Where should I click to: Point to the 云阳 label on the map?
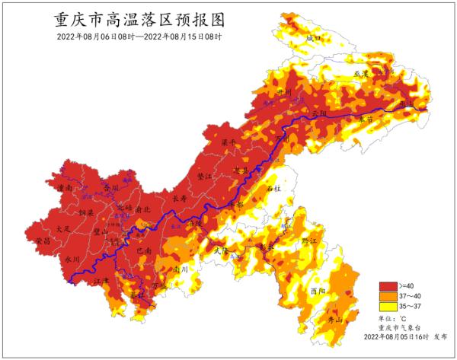(320, 113)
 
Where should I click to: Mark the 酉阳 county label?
(318, 291)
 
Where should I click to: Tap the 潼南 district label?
(65, 186)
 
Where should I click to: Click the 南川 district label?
(180, 269)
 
